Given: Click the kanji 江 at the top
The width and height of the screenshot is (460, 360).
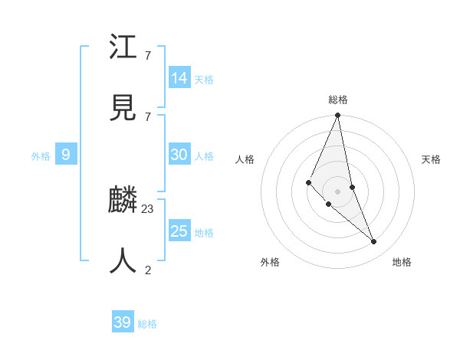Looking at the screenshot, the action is point(123,48).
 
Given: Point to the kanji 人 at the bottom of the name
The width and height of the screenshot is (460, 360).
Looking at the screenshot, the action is point(123,261).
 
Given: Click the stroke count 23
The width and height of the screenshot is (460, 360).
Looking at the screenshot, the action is point(148,208).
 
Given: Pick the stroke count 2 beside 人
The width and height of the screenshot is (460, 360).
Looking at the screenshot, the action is point(148,269).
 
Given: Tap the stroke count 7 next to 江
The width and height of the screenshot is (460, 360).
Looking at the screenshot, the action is point(148,56).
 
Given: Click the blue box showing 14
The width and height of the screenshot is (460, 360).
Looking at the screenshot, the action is point(179,78).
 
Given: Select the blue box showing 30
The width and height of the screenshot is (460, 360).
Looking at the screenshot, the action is point(179,155).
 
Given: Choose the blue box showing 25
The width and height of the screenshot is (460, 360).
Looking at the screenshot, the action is point(179,231).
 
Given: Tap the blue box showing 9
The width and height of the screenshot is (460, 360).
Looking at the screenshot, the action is point(66,155).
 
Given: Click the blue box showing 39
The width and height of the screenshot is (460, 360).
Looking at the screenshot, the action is point(123,322).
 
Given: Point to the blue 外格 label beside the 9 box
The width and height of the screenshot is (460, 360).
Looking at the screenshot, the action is point(41,156).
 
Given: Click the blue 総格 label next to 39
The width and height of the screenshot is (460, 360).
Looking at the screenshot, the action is point(147,324).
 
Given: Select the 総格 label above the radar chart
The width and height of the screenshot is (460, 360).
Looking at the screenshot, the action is point(338,100).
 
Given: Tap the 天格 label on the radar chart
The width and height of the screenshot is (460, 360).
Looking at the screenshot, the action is point(432,159).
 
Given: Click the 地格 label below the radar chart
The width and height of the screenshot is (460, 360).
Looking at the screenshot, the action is point(402,262).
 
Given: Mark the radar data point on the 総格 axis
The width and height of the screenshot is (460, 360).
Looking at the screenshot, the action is point(337,116).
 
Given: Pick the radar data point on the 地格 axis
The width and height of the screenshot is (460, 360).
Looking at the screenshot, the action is point(374,241).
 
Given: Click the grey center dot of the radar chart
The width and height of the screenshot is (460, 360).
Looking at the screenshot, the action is point(337,191).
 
